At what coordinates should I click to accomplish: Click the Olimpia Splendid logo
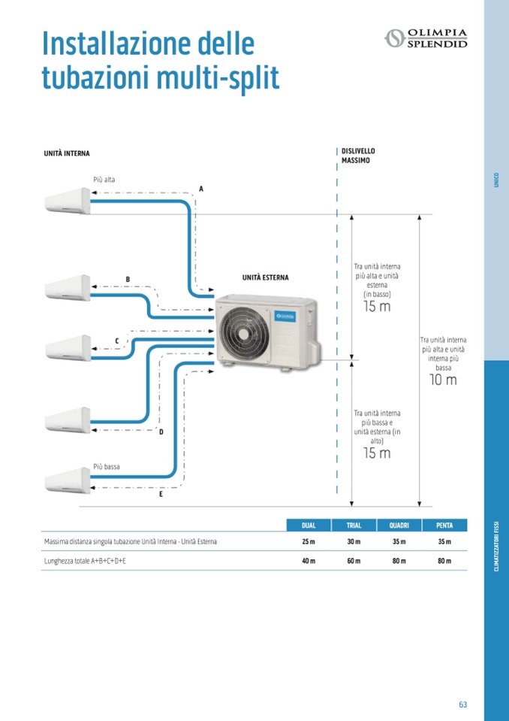(426, 38)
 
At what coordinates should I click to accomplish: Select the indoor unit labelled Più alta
(67, 201)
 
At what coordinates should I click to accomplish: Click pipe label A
(200, 189)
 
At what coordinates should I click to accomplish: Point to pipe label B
(128, 280)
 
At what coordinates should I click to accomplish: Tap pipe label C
(116, 341)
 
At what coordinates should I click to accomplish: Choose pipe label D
(161, 432)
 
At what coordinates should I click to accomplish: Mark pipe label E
(161, 494)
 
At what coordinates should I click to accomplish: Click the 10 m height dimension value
(443, 380)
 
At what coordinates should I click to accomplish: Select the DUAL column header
(309, 526)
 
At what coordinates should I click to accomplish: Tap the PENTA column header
(444, 526)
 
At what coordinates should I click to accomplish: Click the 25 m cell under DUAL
(309, 542)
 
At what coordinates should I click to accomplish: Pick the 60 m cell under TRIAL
(354, 561)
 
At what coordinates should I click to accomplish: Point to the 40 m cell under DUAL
(309, 561)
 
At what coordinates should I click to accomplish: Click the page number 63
(462, 704)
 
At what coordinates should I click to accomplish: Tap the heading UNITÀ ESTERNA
(265, 277)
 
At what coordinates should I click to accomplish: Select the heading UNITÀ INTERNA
(67, 153)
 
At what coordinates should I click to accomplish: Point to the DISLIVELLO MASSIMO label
(357, 156)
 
